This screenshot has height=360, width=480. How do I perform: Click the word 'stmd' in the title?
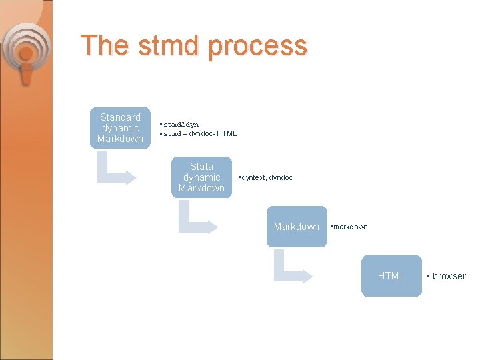[x=161, y=46]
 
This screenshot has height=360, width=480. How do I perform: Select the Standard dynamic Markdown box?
[x=120, y=128]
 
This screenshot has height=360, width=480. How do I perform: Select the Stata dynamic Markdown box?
[x=201, y=177]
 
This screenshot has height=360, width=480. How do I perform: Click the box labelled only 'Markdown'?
[x=297, y=227]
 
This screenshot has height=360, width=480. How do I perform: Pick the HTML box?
[x=391, y=276]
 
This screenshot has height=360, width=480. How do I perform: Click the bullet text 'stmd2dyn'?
[x=181, y=124]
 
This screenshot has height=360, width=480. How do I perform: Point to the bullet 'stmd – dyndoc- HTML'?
[x=199, y=133]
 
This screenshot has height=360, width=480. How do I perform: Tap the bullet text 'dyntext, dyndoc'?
[x=267, y=177]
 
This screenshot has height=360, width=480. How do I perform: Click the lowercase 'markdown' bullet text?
[x=350, y=227]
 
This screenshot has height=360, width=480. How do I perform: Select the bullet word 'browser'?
[x=449, y=276]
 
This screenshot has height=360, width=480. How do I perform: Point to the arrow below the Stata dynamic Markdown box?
[x=197, y=219]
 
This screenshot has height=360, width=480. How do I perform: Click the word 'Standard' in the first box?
[x=120, y=117]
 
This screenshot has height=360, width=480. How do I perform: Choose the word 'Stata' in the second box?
[x=201, y=167]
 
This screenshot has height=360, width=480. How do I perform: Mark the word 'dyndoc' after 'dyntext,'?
[x=281, y=177]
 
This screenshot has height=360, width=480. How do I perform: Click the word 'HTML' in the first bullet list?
[x=227, y=133]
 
